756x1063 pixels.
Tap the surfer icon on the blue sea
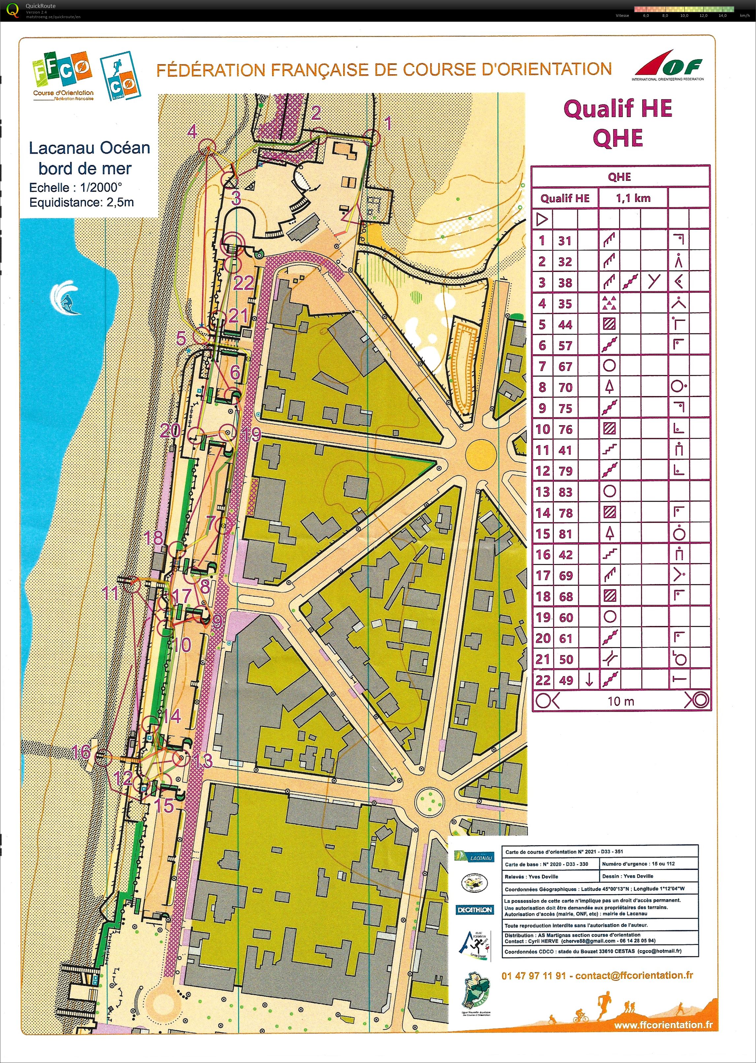click(65, 298)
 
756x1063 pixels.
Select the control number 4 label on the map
click(192, 132)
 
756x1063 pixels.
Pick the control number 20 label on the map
click(170, 430)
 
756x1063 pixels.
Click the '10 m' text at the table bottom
click(620, 701)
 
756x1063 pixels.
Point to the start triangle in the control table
click(542, 219)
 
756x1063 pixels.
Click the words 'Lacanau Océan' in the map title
click(89, 148)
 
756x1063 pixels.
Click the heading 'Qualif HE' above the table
click(618, 109)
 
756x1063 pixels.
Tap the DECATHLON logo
click(475, 909)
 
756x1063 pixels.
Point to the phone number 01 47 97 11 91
click(534, 976)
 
